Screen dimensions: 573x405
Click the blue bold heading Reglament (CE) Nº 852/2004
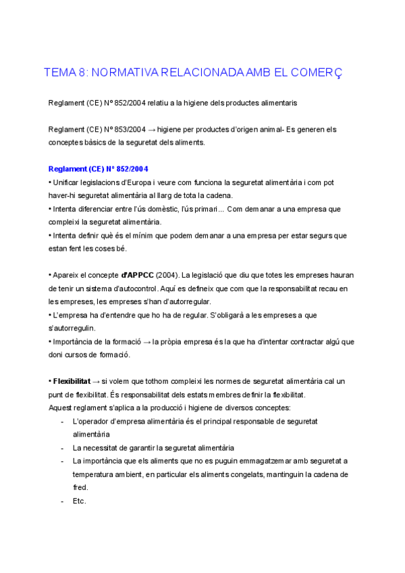click(99, 168)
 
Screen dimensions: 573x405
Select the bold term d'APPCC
click(137, 275)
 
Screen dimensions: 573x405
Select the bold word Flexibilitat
click(72, 382)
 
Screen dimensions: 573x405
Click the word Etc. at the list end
click(79, 501)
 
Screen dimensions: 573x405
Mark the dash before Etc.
click(62, 501)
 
